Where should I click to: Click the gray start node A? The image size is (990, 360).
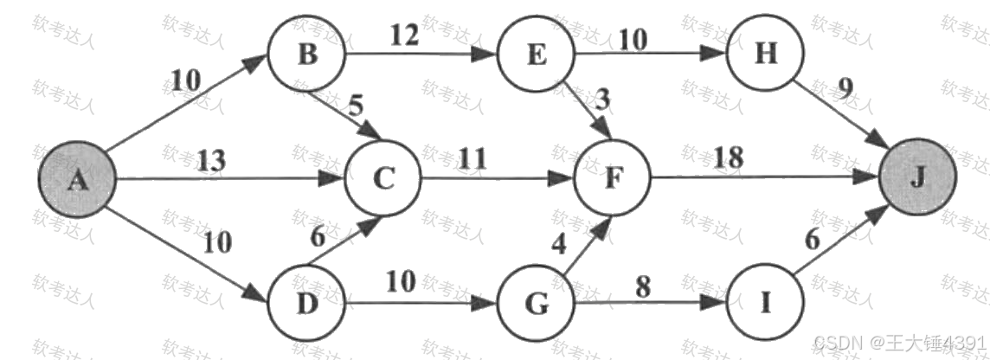click(77, 179)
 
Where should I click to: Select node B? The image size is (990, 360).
click(305, 54)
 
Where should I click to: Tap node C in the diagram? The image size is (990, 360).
click(382, 179)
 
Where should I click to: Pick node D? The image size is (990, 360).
click(305, 305)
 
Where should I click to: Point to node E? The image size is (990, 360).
click(537, 54)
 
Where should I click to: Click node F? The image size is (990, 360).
click(613, 179)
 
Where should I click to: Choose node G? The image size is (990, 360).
click(537, 305)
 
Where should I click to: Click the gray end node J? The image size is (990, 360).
click(918, 179)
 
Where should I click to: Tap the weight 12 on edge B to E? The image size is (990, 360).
click(404, 36)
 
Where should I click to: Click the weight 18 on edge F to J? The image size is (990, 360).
click(729, 159)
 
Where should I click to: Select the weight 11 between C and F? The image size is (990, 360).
click(472, 159)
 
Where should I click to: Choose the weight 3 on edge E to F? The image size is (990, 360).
click(603, 99)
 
